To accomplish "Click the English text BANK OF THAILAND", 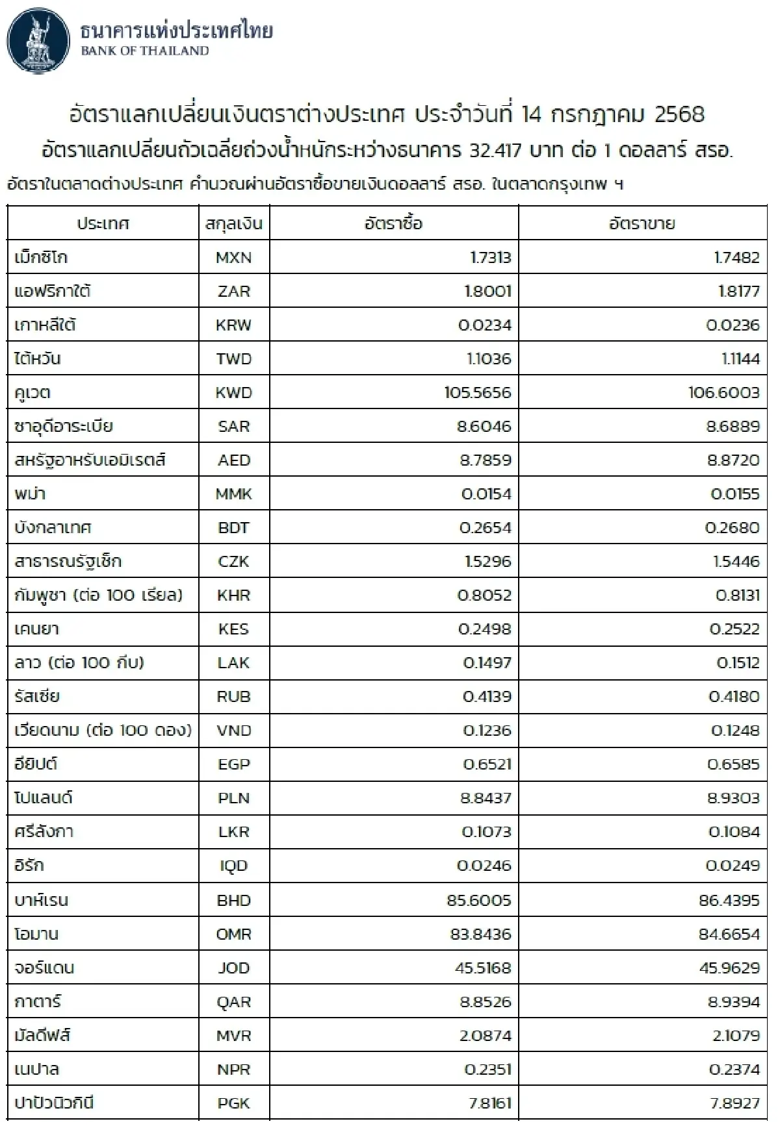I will (x=144, y=51).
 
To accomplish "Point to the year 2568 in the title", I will (x=679, y=115).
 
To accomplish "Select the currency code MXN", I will (x=233, y=258).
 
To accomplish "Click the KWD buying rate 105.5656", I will (x=478, y=393).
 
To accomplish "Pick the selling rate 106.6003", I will (x=724, y=393).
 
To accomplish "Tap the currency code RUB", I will (x=233, y=697).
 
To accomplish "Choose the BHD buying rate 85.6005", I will (x=479, y=901).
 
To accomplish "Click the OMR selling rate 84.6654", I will (x=729, y=934).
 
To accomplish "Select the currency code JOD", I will (x=233, y=968).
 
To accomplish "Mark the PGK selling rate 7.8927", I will (x=734, y=1103).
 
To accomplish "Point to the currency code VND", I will (x=233, y=731).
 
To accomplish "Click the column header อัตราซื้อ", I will (x=393, y=224).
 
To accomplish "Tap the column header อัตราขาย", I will (x=642, y=224).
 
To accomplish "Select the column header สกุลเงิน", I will (x=233, y=224).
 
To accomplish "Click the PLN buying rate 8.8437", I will (x=486, y=798).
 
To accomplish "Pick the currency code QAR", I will (x=233, y=1002).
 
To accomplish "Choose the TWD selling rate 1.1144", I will (x=740, y=359).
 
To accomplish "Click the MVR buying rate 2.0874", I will (x=486, y=1036).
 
